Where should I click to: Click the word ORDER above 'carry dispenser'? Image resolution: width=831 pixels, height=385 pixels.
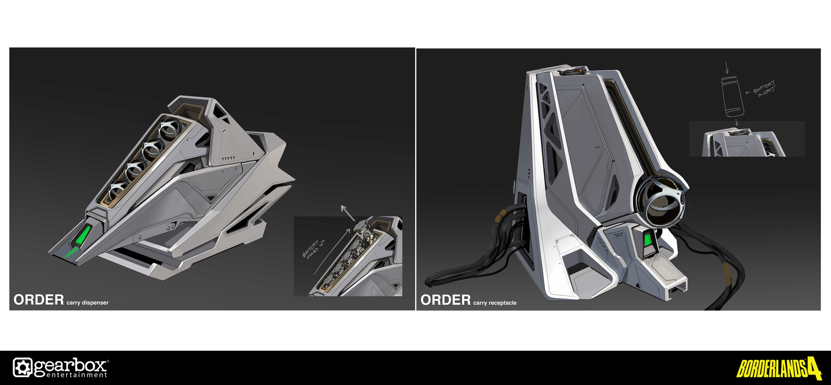[39, 300]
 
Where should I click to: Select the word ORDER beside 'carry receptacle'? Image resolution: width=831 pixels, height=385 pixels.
[446, 300]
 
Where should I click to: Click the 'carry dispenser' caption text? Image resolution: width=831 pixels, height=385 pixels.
[87, 303]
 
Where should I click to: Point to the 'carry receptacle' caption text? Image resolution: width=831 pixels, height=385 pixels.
[495, 303]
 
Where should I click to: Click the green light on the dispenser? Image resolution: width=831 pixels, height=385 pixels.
[83, 236]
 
